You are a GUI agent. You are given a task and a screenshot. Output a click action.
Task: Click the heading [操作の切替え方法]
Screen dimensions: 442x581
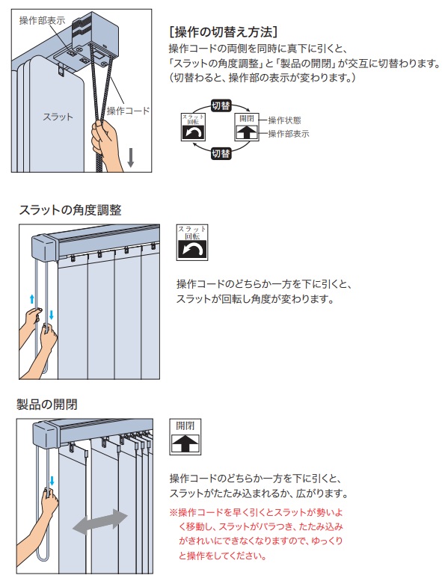pyautogui.click(x=223, y=32)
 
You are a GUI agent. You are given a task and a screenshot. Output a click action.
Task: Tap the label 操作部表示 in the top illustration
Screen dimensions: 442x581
pyautogui.click(x=42, y=20)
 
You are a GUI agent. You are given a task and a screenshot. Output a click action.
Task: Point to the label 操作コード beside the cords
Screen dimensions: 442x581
pyautogui.click(x=128, y=111)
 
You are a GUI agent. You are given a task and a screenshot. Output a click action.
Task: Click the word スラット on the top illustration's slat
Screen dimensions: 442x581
pyautogui.click(x=58, y=117)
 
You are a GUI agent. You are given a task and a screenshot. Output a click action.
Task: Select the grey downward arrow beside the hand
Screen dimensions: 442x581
pyautogui.click(x=130, y=158)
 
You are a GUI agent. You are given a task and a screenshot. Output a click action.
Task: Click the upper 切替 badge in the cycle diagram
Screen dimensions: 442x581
pyautogui.click(x=221, y=106)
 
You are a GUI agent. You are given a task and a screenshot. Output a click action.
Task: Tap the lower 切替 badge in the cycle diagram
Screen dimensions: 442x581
pyautogui.click(x=221, y=153)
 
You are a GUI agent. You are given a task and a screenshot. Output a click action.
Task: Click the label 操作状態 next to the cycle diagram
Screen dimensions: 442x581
pyautogui.click(x=284, y=120)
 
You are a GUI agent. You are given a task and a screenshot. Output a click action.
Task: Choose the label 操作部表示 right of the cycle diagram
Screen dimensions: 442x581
pyautogui.click(x=289, y=134)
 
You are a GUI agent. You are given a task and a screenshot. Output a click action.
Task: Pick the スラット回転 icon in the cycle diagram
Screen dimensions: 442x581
pyautogui.click(x=193, y=126)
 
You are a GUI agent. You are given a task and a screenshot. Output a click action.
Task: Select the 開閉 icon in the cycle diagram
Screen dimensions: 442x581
pyautogui.click(x=247, y=126)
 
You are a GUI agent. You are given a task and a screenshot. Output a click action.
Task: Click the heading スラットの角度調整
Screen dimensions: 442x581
pyautogui.click(x=70, y=210)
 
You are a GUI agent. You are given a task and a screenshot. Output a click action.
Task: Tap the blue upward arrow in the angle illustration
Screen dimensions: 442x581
pyautogui.click(x=32, y=299)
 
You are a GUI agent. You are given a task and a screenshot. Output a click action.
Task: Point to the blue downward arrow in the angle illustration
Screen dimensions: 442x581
pyautogui.click(x=51, y=315)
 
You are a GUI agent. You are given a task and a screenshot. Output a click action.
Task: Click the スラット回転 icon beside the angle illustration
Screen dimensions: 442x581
pyautogui.click(x=192, y=242)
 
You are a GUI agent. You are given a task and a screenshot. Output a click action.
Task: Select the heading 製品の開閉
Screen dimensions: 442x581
pyautogui.click(x=47, y=404)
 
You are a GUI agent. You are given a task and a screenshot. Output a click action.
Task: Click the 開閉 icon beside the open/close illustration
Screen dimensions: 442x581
pyautogui.click(x=185, y=437)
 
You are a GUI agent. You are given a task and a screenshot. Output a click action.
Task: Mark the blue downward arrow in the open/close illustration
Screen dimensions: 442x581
pyautogui.click(x=52, y=481)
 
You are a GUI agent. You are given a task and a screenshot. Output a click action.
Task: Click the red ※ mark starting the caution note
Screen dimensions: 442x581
pyautogui.click(x=174, y=513)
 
